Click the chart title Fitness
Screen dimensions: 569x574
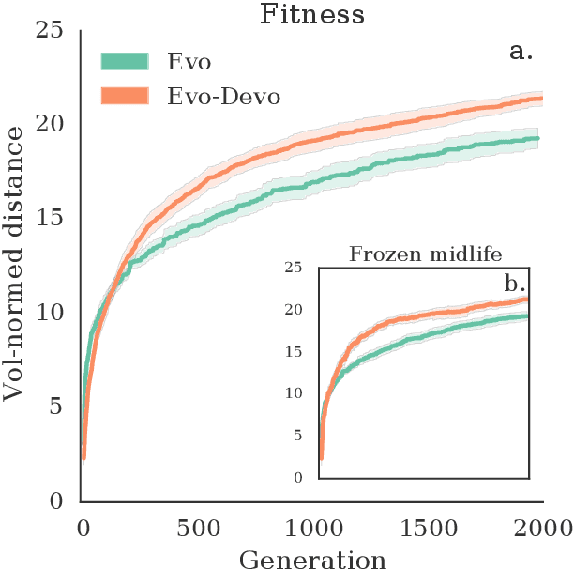(x=311, y=14)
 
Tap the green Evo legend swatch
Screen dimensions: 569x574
(x=124, y=62)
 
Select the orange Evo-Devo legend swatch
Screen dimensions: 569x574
(x=124, y=96)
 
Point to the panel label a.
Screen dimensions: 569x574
(x=521, y=53)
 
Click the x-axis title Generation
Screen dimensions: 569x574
(x=311, y=559)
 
